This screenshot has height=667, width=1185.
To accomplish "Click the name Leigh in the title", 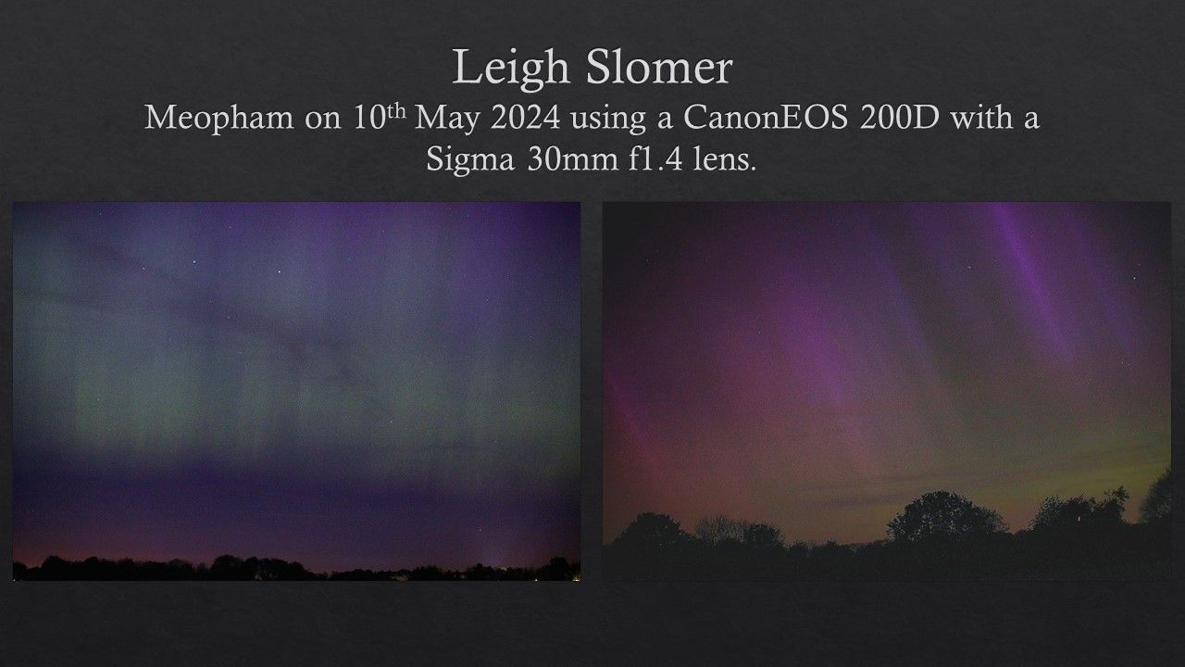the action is (x=511, y=69).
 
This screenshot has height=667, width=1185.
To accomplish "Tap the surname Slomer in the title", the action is (x=659, y=68).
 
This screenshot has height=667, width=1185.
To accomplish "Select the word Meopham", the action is (x=219, y=119).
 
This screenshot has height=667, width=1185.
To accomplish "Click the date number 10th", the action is (x=379, y=117).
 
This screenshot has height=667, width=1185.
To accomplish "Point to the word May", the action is (x=447, y=119).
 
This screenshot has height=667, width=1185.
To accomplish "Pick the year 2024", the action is (x=525, y=117).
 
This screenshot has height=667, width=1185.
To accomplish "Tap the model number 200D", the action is (x=899, y=117).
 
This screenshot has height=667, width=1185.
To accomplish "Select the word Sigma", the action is (x=470, y=160).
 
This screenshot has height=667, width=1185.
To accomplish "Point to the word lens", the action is (x=725, y=157).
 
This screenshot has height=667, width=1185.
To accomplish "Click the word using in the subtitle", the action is (x=608, y=120).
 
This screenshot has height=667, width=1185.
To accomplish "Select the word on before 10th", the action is (x=323, y=121).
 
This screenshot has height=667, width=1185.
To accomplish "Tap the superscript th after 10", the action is (x=395, y=111).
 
